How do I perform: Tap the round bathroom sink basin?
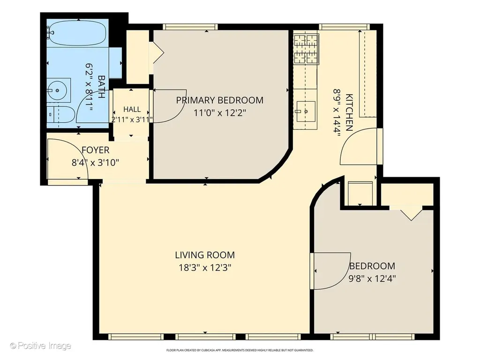click(x=57, y=90)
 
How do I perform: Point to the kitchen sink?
click(x=306, y=112)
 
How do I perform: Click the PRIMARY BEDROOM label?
click(x=219, y=100)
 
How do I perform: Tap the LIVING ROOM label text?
click(x=205, y=255)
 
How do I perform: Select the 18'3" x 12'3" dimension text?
click(x=205, y=268)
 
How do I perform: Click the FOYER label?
click(x=96, y=150)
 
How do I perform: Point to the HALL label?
click(x=132, y=109)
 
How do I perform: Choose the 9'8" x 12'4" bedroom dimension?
click(x=372, y=278)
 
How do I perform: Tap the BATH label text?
click(x=101, y=87)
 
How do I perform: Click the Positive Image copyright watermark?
click(x=40, y=346)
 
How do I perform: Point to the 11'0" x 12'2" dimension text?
click(x=220, y=113)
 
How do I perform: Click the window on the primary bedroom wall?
click(x=190, y=27)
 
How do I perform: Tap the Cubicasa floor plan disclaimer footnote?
click(x=240, y=350)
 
